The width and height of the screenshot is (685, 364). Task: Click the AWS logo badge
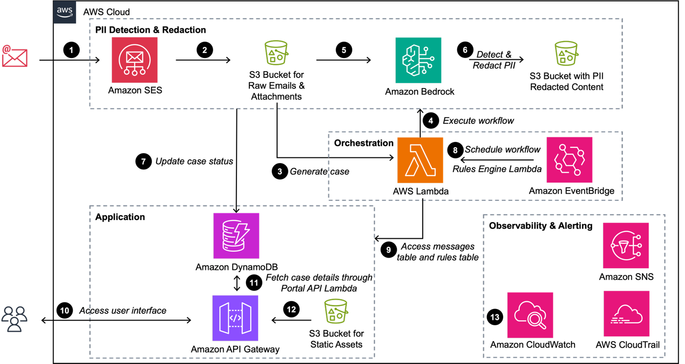(x=65, y=12)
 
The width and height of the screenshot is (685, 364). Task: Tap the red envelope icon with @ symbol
(x=14, y=56)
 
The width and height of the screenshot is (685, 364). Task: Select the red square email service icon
(x=135, y=60)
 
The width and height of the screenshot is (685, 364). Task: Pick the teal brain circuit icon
(x=418, y=60)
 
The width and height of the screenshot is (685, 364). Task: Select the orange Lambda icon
(x=420, y=160)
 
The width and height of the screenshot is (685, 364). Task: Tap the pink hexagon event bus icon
(x=569, y=160)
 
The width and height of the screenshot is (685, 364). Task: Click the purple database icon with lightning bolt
(x=236, y=236)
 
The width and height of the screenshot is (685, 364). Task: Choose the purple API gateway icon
(x=235, y=318)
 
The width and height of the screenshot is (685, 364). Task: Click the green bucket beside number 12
(x=336, y=311)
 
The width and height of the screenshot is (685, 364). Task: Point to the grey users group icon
(x=14, y=319)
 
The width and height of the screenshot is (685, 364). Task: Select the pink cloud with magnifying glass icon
(x=530, y=315)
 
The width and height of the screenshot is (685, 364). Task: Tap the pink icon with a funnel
(x=626, y=245)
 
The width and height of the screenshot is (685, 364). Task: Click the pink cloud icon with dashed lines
(x=626, y=313)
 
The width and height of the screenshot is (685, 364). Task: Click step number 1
(x=71, y=50)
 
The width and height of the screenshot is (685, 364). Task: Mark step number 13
(x=494, y=317)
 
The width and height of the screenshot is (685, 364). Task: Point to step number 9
(x=388, y=250)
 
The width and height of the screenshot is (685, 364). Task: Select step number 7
(x=143, y=162)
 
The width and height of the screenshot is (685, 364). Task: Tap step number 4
(x=430, y=121)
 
